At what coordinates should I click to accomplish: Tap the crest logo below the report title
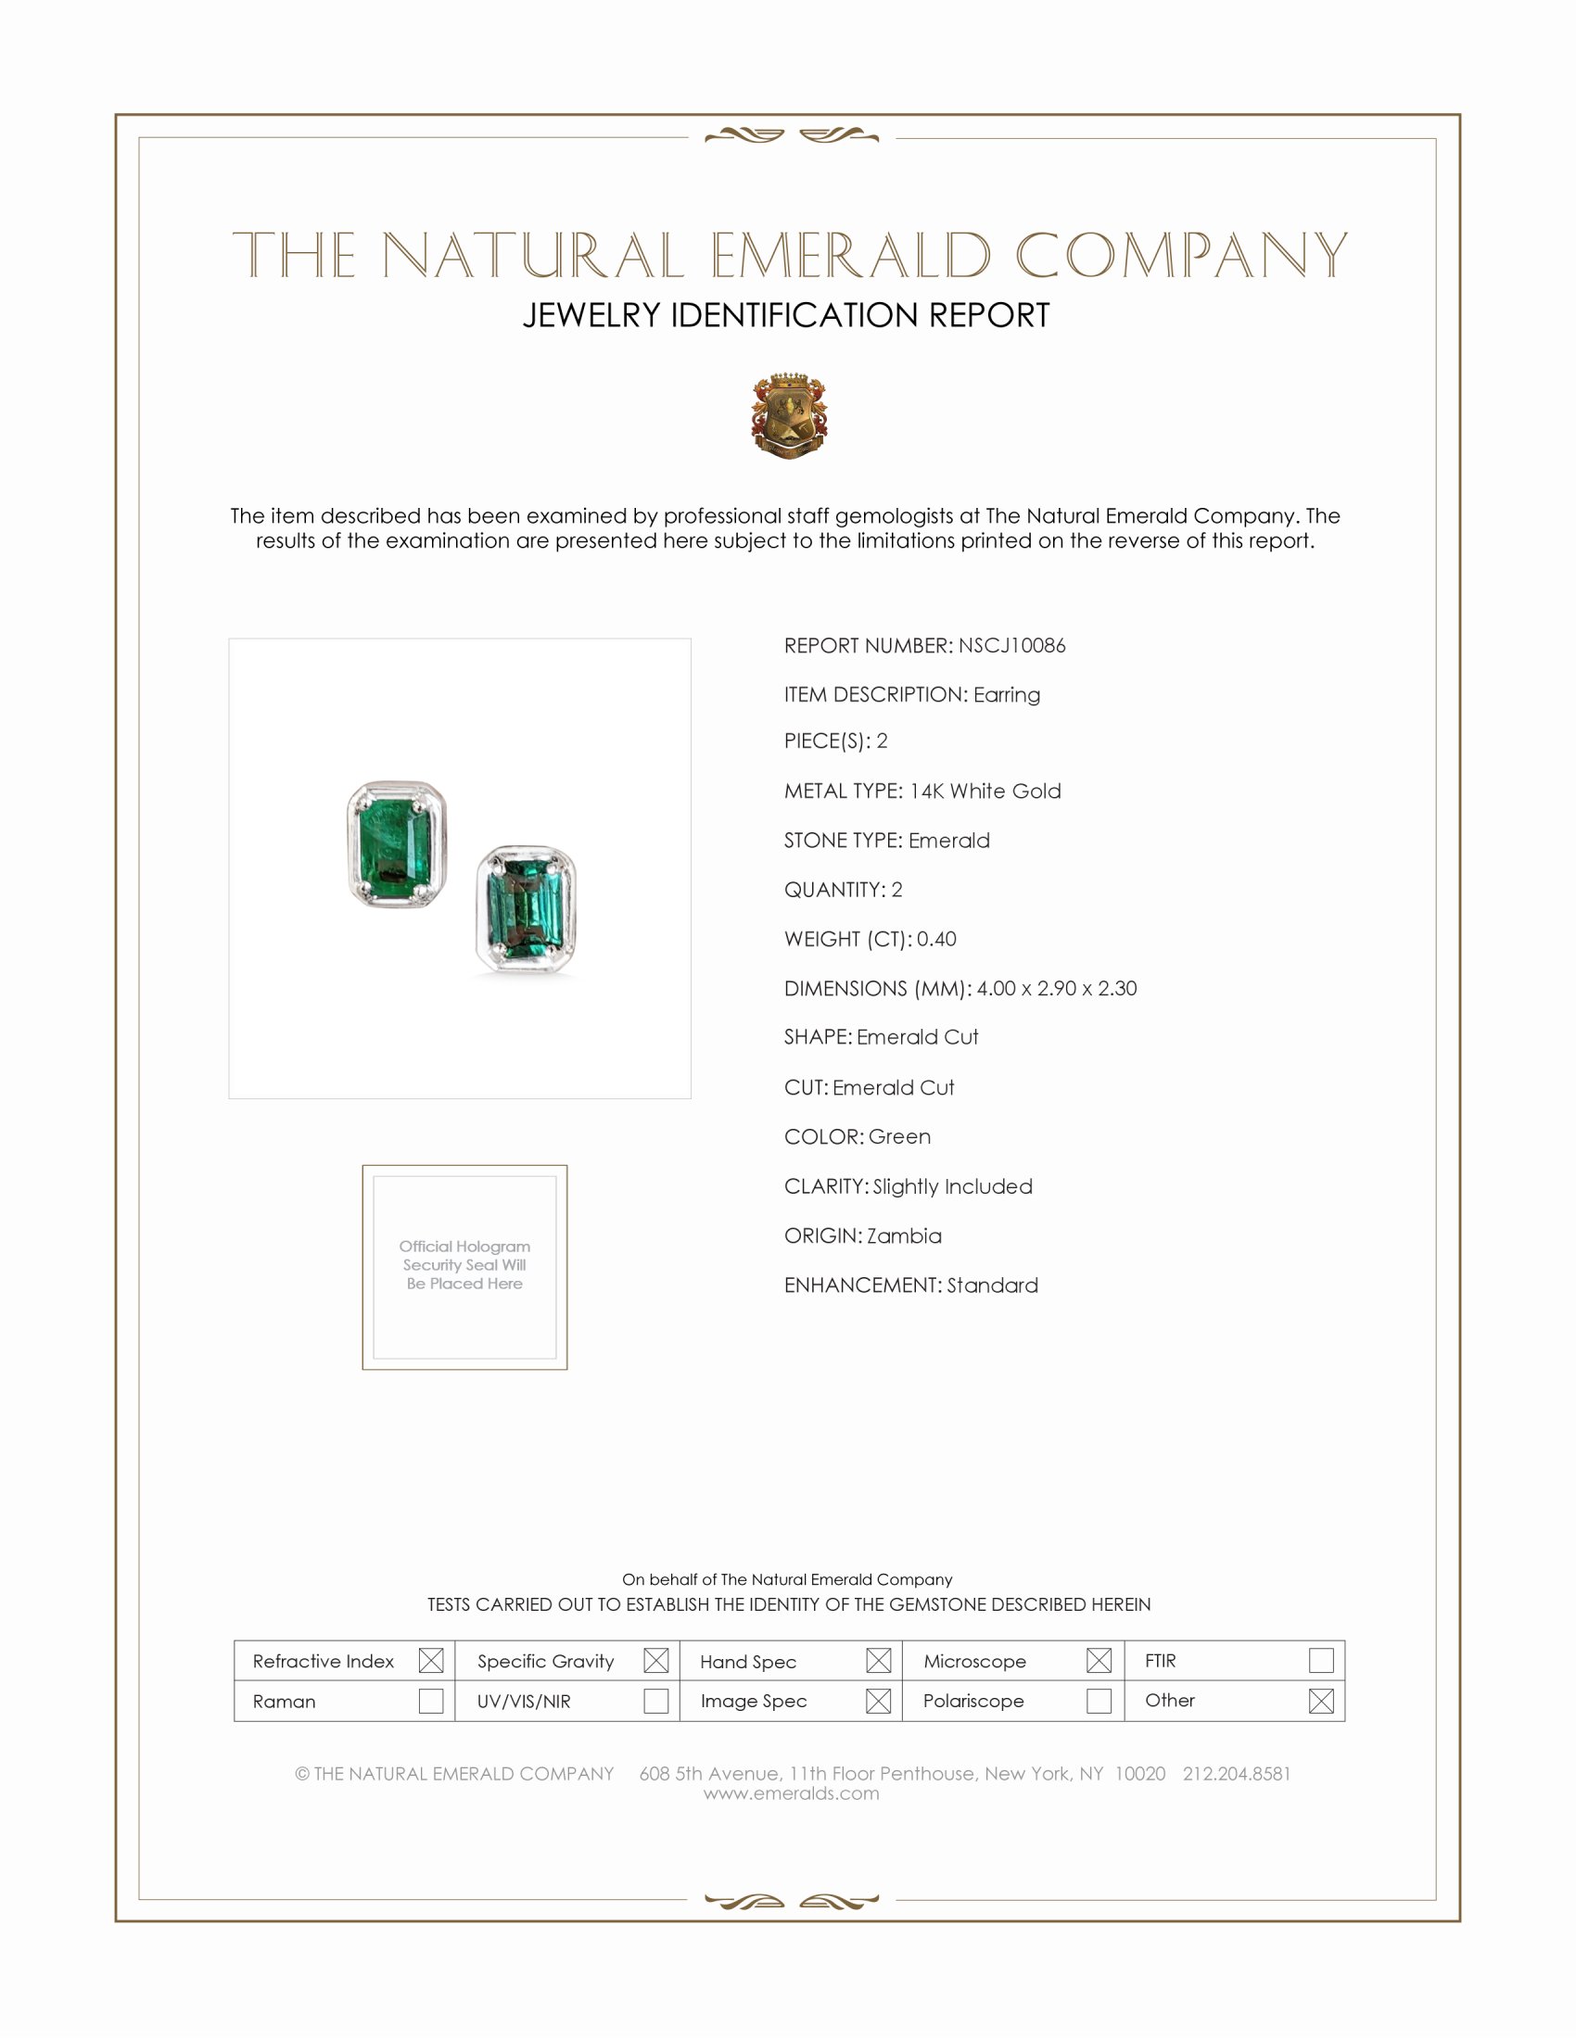(789, 415)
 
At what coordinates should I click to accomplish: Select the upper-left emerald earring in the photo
(397, 844)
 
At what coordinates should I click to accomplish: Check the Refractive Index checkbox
(430, 1661)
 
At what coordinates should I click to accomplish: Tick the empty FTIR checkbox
(1320, 1661)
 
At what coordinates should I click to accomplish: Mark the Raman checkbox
(430, 1701)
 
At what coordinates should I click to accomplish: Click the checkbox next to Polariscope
(1099, 1701)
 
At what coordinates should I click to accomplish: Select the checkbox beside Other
(1320, 1701)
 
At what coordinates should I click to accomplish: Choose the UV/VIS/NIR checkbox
(655, 1701)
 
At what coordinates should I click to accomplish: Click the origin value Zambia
(904, 1236)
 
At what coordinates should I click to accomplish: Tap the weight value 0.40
(936, 939)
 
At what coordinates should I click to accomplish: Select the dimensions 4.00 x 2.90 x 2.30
(1056, 989)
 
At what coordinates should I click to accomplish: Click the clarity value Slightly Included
(952, 1186)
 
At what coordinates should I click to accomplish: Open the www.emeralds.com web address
(791, 1793)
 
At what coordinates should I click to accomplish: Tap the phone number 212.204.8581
(1236, 1774)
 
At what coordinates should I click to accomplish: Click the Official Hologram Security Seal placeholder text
(464, 1265)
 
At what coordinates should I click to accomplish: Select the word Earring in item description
(1007, 694)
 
